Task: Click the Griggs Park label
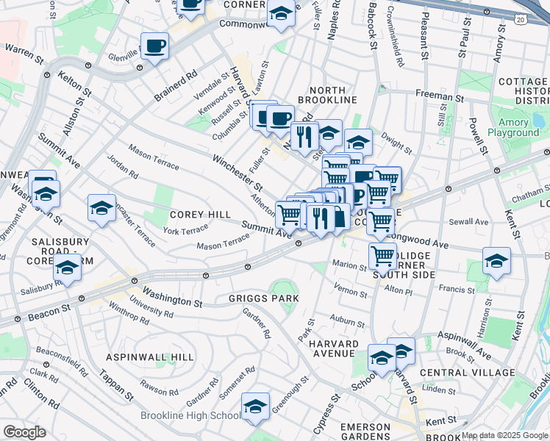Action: (263, 298)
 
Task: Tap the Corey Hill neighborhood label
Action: (191, 215)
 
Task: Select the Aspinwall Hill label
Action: (150, 356)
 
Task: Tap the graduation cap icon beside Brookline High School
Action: (255, 406)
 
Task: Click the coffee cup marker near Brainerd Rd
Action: (154, 47)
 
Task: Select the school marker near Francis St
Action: (496, 261)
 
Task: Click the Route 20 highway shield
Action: (521, 19)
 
